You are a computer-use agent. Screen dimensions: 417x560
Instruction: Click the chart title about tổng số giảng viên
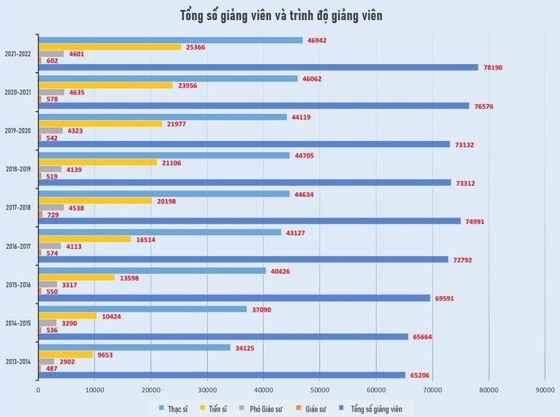click(281, 15)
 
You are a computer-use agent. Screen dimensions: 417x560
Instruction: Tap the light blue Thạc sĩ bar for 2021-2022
click(170, 40)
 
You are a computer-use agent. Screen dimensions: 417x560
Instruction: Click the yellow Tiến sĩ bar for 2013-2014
click(66, 354)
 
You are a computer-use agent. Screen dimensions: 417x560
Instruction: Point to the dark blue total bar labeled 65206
click(222, 375)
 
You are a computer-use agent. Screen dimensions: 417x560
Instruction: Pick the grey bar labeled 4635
click(51, 92)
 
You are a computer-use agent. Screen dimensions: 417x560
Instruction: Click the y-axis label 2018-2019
click(18, 169)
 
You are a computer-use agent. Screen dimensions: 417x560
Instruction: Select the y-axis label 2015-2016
click(18, 285)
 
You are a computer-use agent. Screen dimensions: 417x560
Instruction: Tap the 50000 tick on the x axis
click(319, 390)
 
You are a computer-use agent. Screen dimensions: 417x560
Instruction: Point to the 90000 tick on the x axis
click(545, 390)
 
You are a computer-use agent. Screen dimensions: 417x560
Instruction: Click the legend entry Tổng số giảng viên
click(376, 408)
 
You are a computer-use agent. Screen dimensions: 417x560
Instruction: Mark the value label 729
click(53, 214)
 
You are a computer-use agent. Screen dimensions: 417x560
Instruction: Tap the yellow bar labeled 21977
click(100, 123)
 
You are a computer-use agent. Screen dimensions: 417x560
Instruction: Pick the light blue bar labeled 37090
click(142, 309)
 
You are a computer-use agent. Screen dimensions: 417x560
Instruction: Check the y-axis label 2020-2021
click(18, 92)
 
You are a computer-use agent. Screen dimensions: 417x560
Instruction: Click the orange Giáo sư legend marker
click(298, 408)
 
